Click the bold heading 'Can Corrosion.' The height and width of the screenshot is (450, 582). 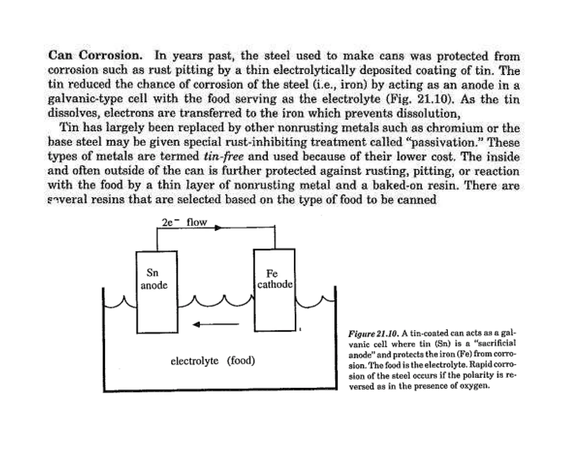(x=95, y=55)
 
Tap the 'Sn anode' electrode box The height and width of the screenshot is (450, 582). (x=157, y=292)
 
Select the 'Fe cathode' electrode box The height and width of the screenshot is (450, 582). (x=275, y=290)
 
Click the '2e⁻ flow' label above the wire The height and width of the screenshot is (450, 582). (x=184, y=222)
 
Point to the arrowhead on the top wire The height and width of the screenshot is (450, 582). (x=218, y=228)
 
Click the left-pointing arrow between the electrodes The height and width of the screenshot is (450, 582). (x=216, y=324)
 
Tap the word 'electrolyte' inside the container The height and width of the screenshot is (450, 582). (x=194, y=361)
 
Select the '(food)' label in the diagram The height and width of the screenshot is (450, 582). (x=241, y=361)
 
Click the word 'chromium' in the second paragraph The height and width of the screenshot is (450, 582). (x=454, y=128)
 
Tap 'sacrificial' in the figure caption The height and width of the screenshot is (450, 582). (x=497, y=344)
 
